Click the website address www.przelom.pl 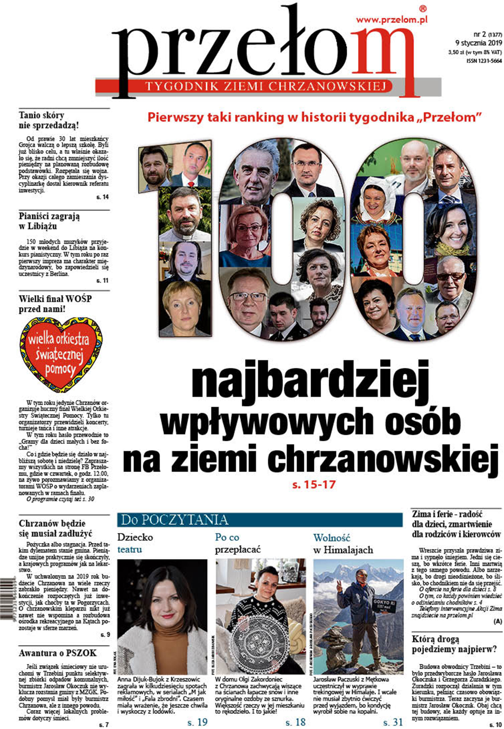[392, 20]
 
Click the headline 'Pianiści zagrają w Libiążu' [49, 221]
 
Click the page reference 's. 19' [197, 722]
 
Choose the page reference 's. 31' [393, 722]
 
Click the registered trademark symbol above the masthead [423, 9]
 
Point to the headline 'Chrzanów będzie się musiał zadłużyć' [55, 528]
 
